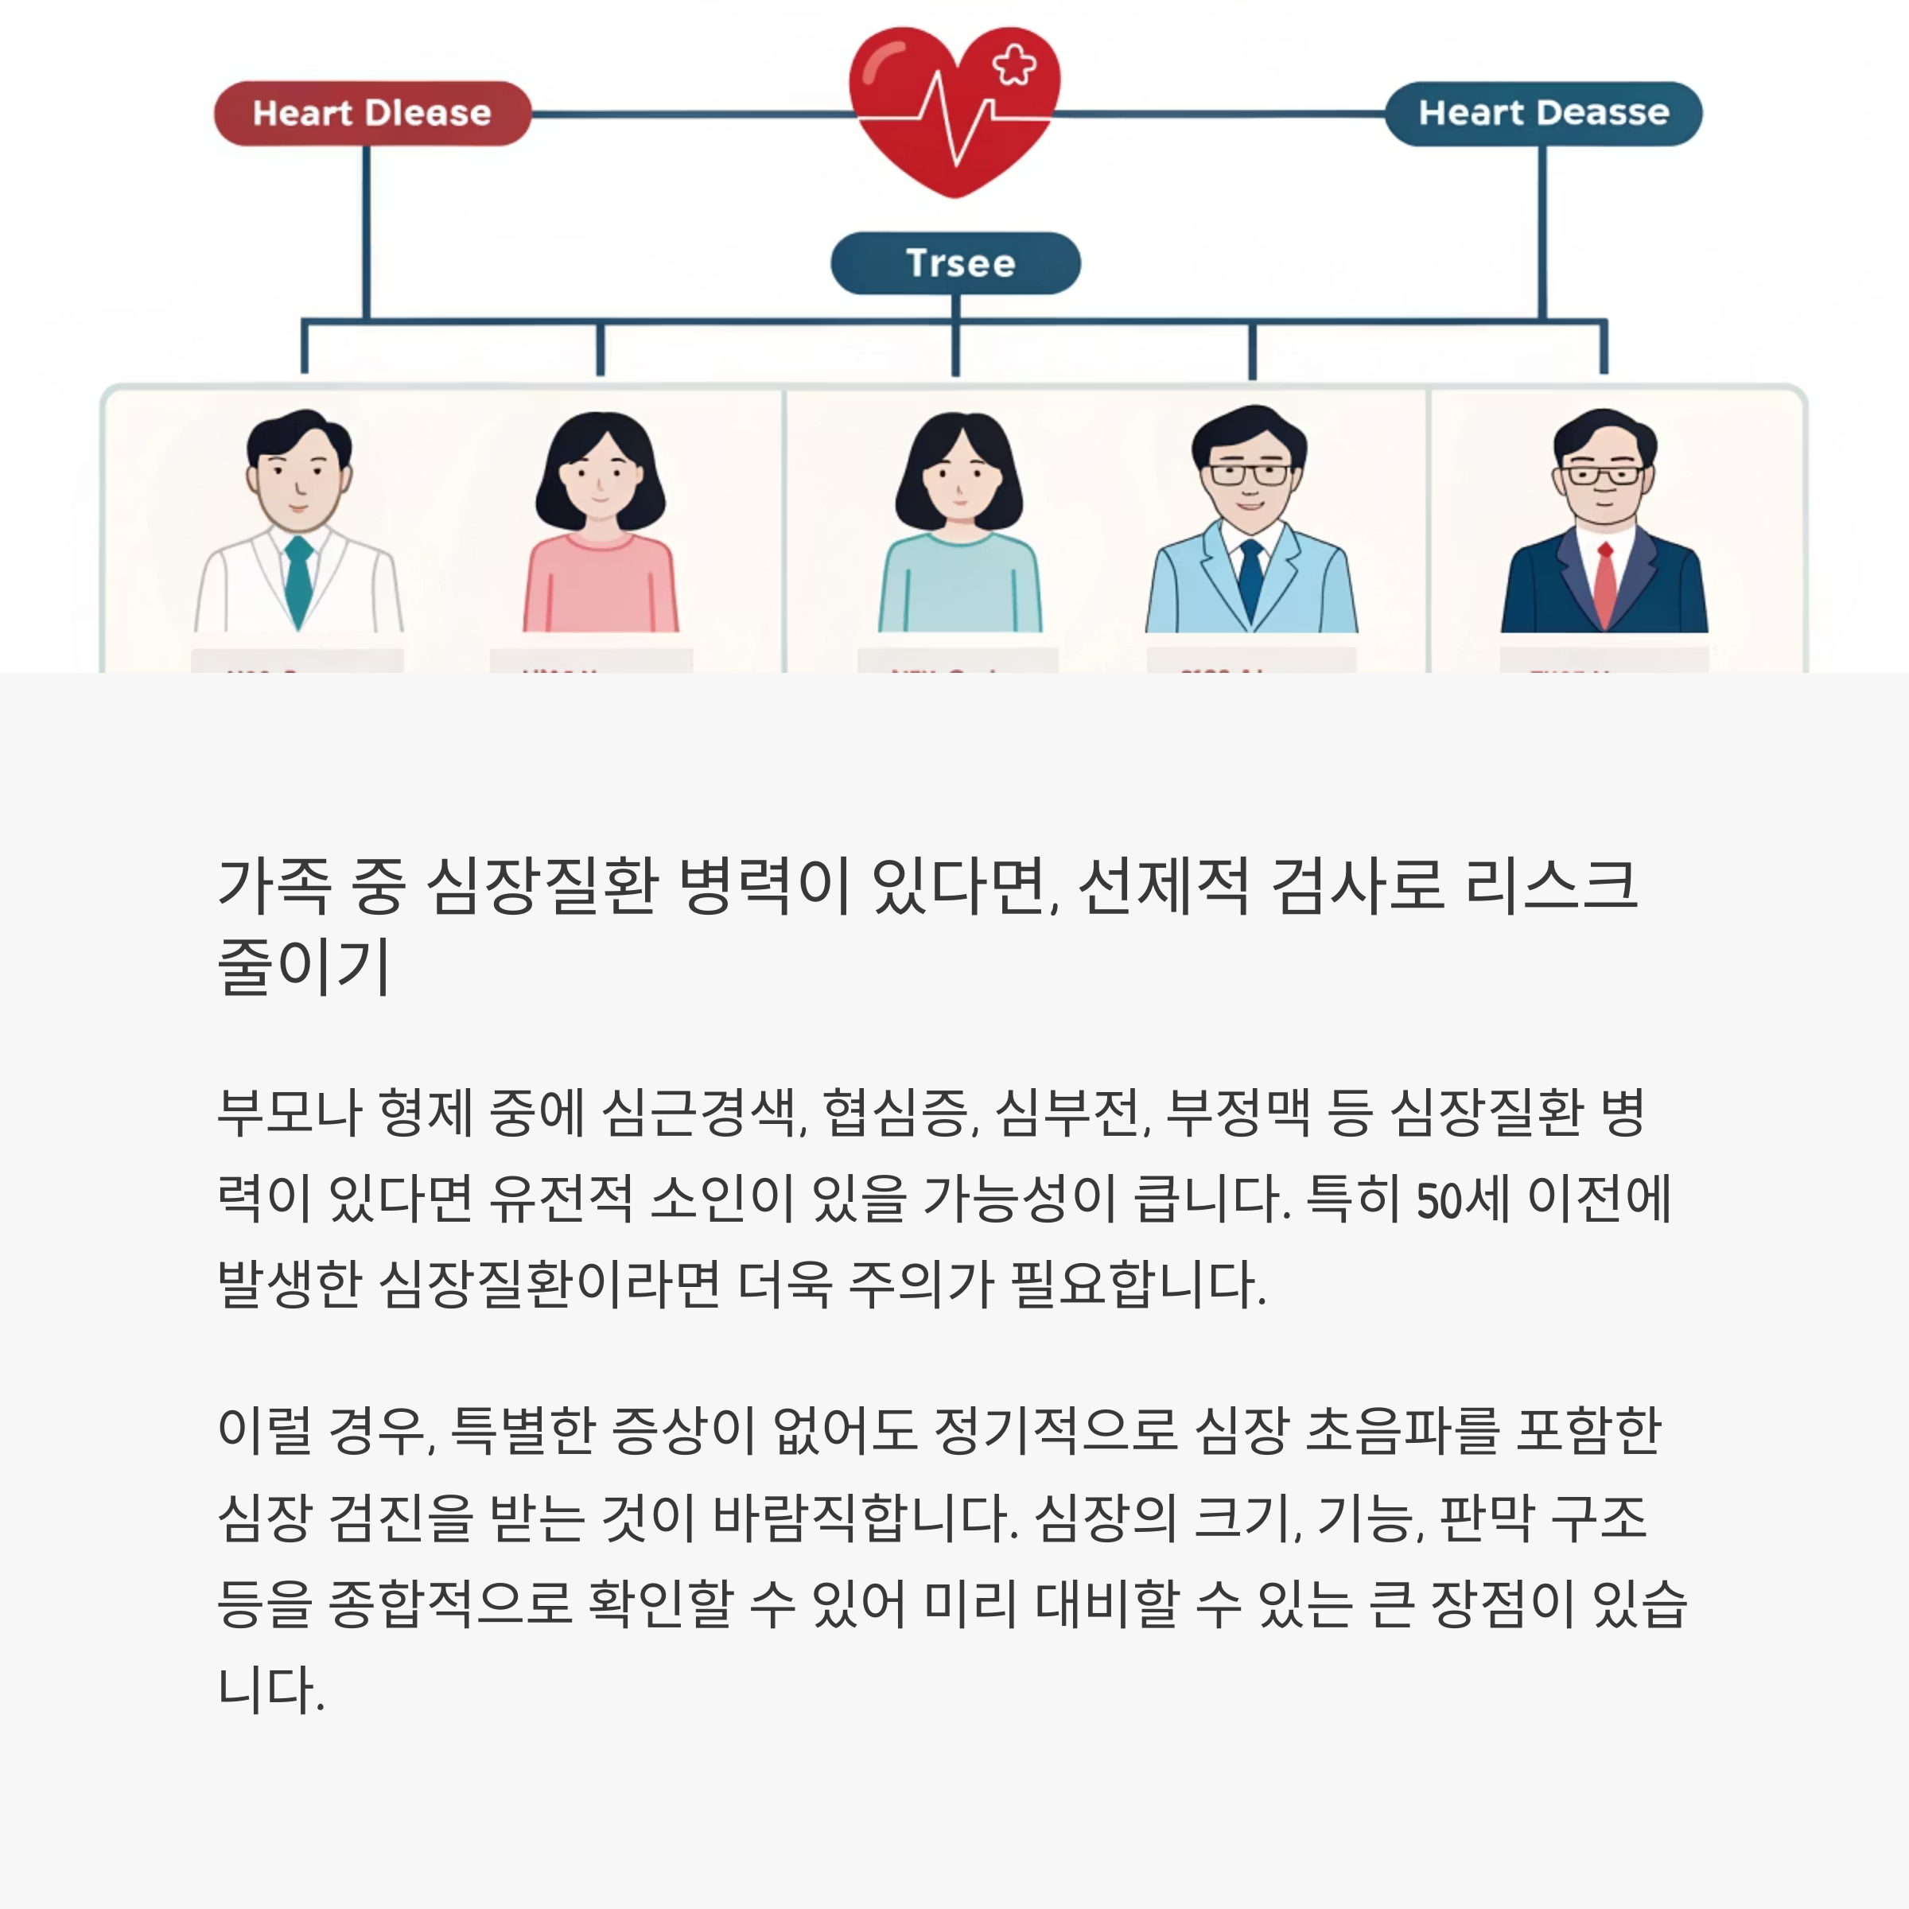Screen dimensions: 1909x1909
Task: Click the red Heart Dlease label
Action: (x=371, y=114)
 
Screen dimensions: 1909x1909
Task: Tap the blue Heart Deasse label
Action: (x=1542, y=114)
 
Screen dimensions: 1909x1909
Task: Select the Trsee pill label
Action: (x=955, y=262)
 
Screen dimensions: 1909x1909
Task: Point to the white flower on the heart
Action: (x=1015, y=65)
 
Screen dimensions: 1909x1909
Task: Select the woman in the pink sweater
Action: (x=600, y=523)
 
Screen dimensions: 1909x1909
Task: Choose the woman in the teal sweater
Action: (x=959, y=523)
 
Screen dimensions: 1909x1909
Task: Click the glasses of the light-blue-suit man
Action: (x=1250, y=474)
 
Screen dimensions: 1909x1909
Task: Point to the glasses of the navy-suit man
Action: (x=1604, y=476)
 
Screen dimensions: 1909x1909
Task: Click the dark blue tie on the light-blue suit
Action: (x=1251, y=583)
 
